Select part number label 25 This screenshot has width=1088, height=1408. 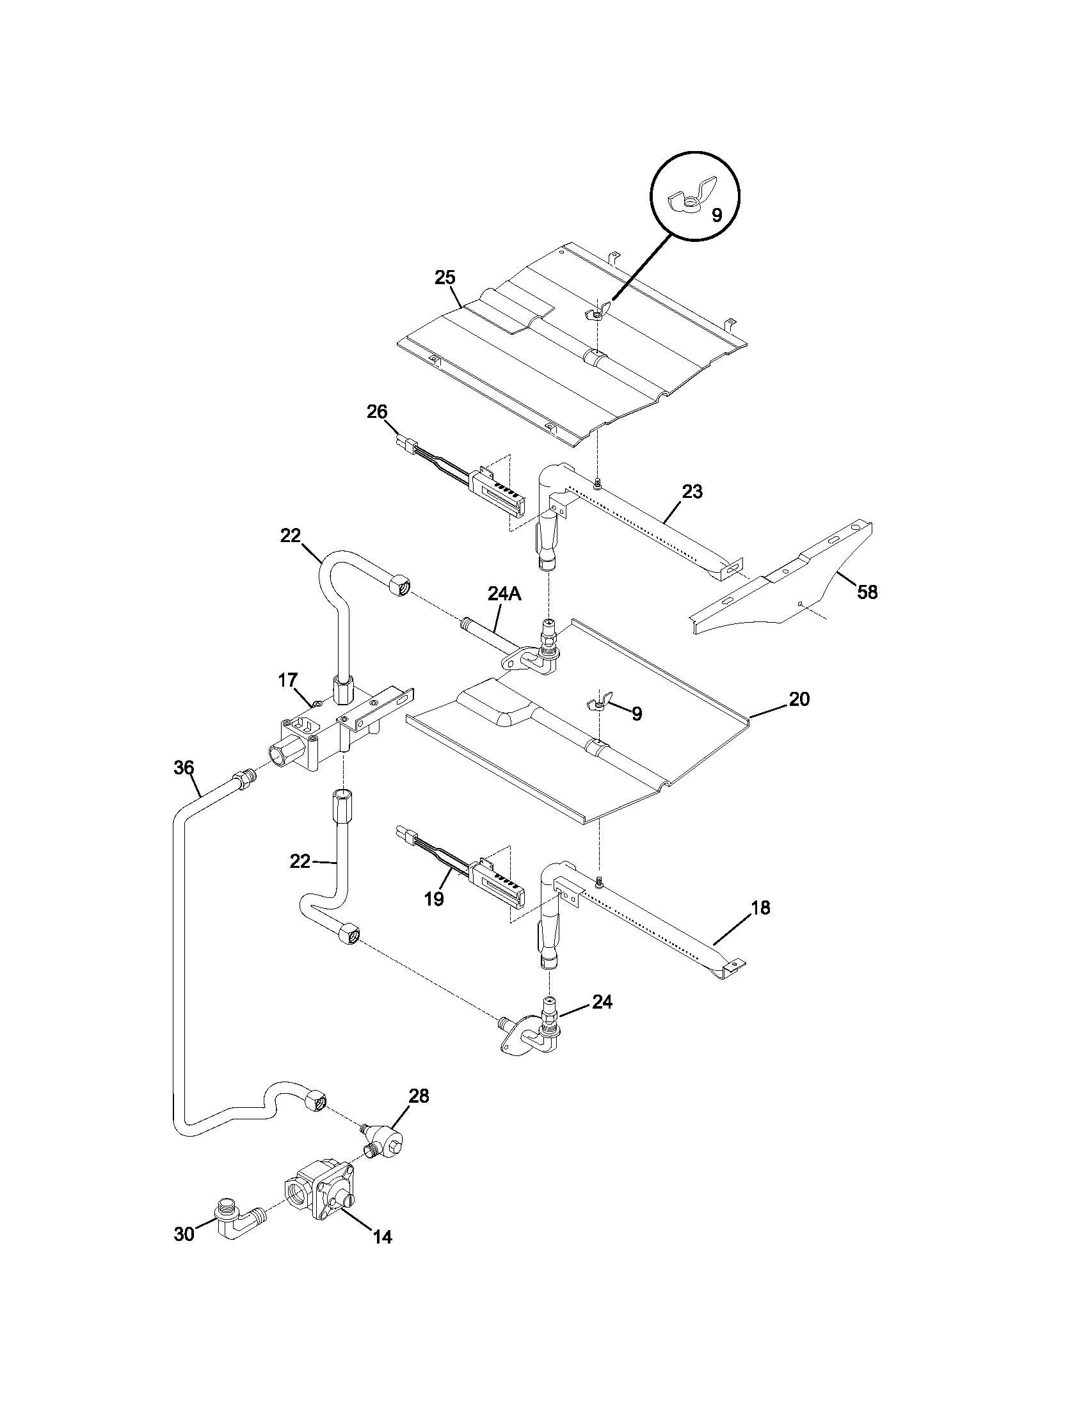(445, 278)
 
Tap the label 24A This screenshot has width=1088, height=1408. (504, 594)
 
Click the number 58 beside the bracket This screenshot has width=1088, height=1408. (868, 592)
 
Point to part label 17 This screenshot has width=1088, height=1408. (288, 680)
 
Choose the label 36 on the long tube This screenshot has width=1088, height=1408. (184, 767)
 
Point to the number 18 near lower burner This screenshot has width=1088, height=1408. (760, 908)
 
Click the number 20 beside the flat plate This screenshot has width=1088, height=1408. (799, 700)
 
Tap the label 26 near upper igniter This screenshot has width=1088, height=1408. (377, 411)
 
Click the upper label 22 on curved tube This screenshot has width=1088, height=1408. (290, 536)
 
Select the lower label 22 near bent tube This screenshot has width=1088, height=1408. (300, 861)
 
